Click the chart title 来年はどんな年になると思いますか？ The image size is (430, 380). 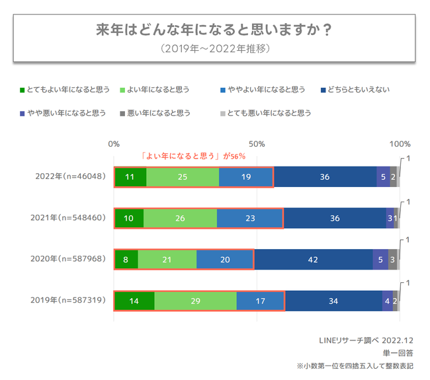coord(214,30)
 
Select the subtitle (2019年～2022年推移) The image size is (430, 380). coord(214,49)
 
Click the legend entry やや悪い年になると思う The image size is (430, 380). coord(64,113)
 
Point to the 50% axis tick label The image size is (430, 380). coord(257,143)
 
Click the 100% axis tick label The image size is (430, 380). coord(400,143)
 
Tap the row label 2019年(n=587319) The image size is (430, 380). coord(69,300)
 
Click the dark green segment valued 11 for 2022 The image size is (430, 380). coord(130,177)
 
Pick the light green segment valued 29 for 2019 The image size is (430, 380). coord(195,300)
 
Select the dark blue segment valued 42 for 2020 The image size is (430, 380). coord(313,259)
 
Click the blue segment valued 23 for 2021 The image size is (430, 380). coord(249,218)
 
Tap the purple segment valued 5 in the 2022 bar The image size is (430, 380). coord(383,177)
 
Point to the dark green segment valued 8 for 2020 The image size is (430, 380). coord(126,259)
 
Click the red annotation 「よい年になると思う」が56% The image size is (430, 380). coord(194,157)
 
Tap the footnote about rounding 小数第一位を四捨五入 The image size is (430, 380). coord(358,365)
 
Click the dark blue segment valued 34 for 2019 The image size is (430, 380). coord(333,300)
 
